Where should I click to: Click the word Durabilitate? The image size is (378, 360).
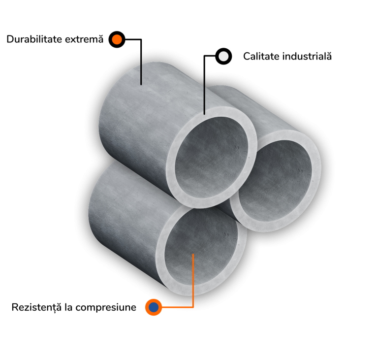click(34, 39)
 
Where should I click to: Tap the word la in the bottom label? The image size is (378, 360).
click(69, 308)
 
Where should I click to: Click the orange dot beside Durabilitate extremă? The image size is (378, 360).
click(117, 39)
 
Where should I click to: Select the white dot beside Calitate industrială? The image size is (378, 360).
click(223, 56)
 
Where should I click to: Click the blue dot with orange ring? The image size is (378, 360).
click(154, 308)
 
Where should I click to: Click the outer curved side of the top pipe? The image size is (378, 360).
click(133, 113)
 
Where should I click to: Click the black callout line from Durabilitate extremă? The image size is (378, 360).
click(141, 66)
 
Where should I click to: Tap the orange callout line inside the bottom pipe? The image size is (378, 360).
click(193, 281)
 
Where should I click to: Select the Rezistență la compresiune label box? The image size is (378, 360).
click(74, 308)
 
